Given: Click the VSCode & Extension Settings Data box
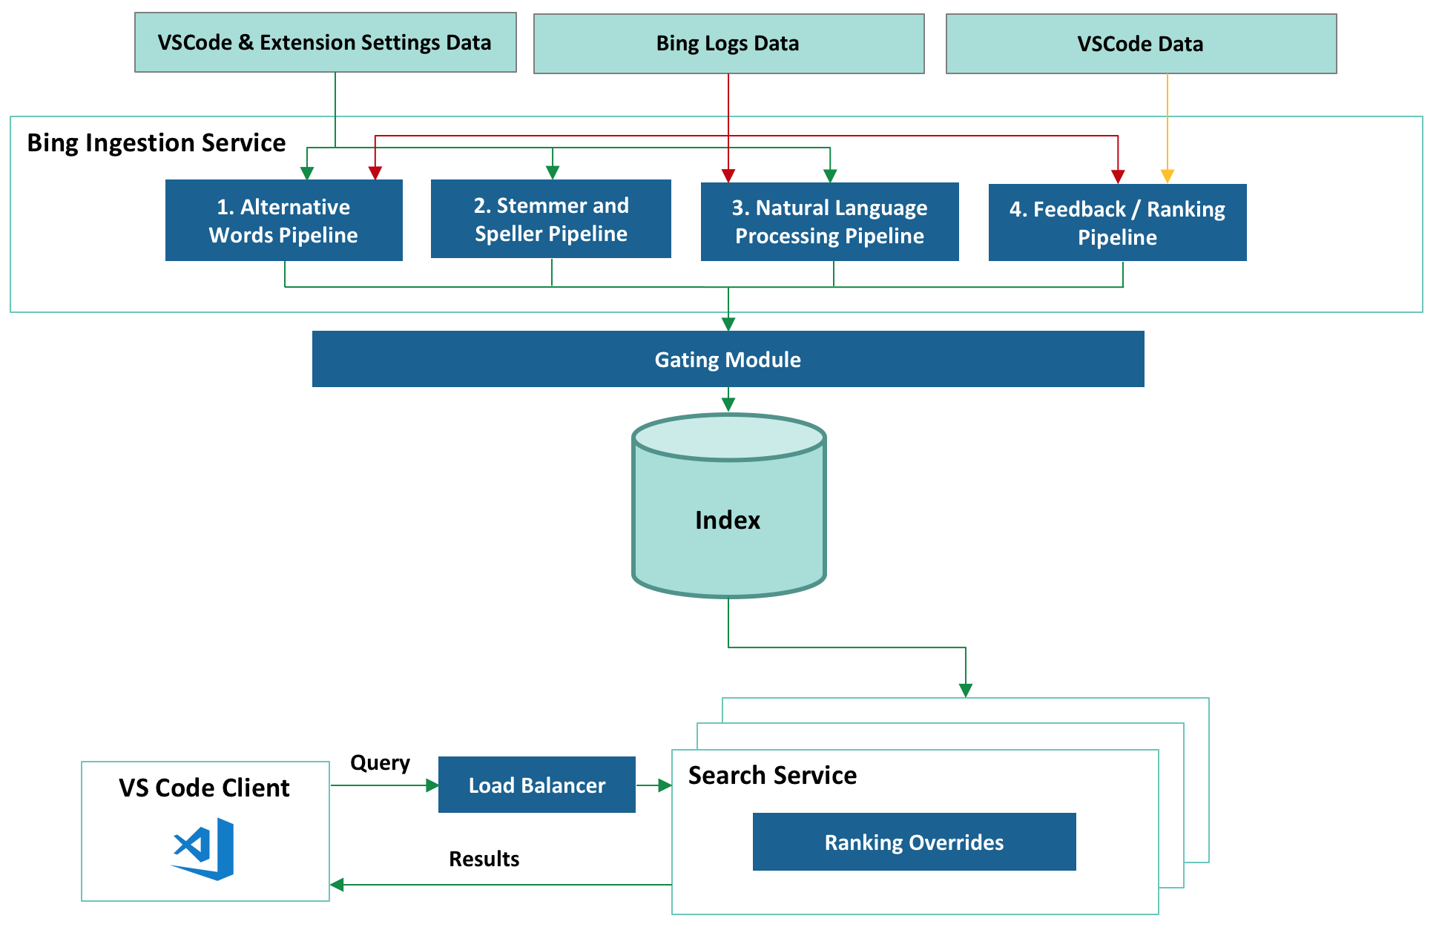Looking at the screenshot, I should (325, 42).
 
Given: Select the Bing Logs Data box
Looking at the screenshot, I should (728, 44).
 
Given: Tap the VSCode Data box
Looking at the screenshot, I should (1141, 44).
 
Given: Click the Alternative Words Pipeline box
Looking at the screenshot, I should (283, 220).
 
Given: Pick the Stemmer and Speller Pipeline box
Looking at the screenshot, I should (550, 219).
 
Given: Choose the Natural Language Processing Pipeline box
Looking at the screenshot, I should (829, 222).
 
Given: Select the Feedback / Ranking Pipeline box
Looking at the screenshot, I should (1117, 222).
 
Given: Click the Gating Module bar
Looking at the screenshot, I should (728, 359).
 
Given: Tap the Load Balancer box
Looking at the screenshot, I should (536, 785).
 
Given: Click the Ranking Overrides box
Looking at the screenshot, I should (914, 842).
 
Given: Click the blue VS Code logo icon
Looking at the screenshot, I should (204, 848).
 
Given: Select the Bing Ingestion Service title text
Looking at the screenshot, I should (157, 142).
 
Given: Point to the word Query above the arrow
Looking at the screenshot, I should (380, 762).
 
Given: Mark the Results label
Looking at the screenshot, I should (484, 859).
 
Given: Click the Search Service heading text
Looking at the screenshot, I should (772, 775).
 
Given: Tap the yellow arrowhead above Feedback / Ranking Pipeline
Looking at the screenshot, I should (1167, 176).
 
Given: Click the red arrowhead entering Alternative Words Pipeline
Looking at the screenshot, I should (375, 173).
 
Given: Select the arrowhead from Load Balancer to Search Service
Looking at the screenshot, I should (665, 785).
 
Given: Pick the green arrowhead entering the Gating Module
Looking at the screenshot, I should (728, 324).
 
